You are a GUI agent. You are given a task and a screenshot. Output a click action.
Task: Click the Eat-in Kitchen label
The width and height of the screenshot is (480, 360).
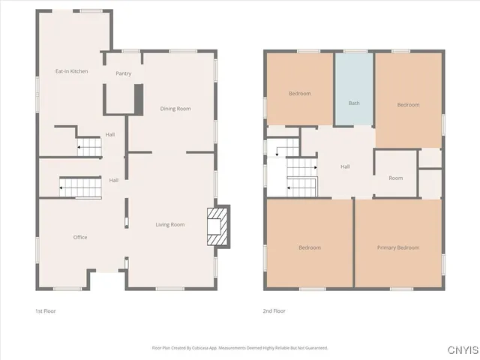click(71, 71)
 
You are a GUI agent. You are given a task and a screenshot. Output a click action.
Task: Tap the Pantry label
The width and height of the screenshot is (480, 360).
click(123, 73)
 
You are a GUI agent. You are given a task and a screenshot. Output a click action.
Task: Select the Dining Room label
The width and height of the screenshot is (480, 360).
click(175, 109)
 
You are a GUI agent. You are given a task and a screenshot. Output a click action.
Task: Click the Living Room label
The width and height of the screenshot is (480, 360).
click(169, 224)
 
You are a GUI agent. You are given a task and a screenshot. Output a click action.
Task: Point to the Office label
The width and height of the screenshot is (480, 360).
click(79, 237)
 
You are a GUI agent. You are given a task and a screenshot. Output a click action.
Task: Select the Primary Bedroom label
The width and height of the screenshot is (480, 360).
click(397, 247)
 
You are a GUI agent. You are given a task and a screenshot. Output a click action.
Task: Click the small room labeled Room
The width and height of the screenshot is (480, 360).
click(395, 178)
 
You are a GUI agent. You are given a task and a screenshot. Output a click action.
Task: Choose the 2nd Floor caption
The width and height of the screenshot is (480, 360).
click(274, 310)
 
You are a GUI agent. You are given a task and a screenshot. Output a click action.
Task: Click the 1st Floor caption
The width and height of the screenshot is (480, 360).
click(46, 310)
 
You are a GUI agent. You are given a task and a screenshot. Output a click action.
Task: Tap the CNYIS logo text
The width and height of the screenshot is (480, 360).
click(462, 349)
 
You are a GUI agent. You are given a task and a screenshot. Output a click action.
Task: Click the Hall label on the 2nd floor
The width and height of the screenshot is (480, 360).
click(345, 166)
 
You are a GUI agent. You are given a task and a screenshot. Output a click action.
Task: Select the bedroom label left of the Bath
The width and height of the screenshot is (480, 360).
click(299, 94)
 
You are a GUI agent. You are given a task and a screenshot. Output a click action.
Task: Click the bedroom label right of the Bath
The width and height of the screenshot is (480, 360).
click(408, 105)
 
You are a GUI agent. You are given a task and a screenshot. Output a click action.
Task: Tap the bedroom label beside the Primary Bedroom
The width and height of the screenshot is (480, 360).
click(309, 247)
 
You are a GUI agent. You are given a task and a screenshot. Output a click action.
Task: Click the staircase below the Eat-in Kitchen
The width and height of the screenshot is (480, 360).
click(89, 146)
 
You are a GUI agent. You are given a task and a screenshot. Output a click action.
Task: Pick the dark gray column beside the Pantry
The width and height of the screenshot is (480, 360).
click(138, 98)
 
